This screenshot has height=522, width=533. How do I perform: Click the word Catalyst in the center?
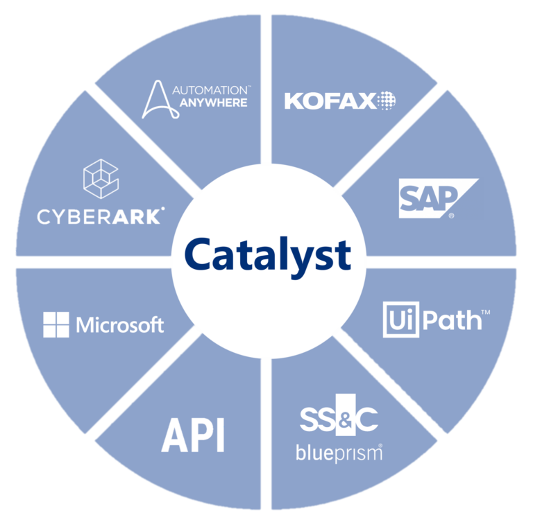(267, 255)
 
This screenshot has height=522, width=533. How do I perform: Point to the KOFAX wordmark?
(330, 102)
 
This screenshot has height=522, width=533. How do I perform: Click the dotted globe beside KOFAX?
(387, 101)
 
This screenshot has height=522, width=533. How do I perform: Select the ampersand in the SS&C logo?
(345, 420)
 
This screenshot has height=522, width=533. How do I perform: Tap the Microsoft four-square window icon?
(56, 324)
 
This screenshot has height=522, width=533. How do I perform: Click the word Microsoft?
(120, 324)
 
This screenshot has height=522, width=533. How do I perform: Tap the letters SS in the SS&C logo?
(318, 420)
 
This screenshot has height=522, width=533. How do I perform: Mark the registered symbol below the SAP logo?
(452, 216)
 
